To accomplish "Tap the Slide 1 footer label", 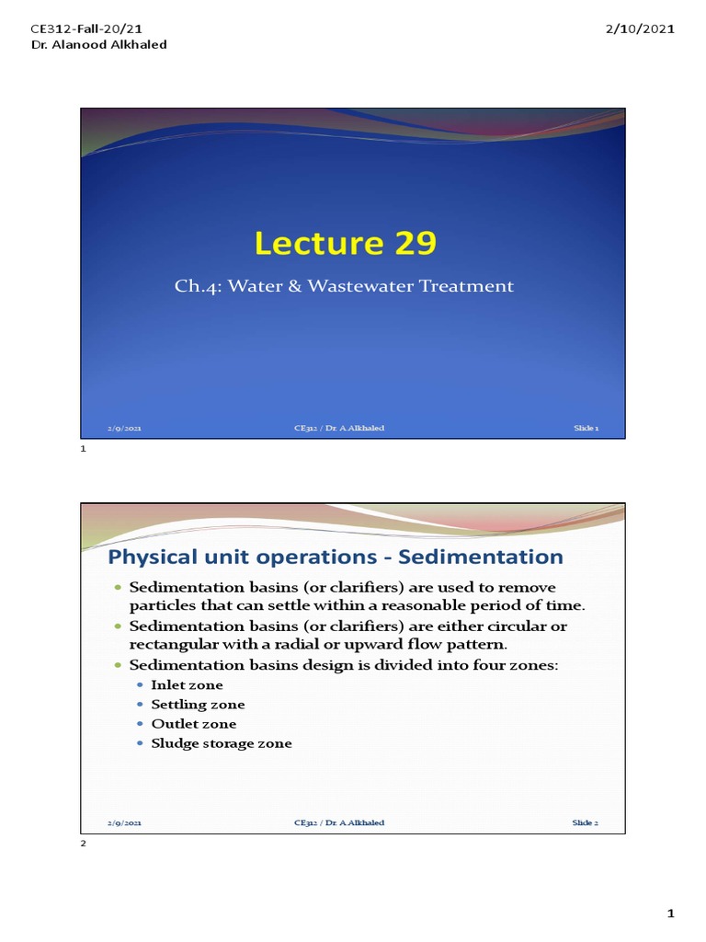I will point(586,429).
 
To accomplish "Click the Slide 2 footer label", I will point(586,822).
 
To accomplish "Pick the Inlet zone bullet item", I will point(187,685).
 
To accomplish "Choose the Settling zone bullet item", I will point(198,705).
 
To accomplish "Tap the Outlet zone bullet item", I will point(193,724).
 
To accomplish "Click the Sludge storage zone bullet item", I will point(222,743).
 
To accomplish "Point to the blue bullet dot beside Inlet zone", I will point(140,685).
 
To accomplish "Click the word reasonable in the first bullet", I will point(441,604).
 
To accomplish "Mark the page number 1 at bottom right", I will point(671,913).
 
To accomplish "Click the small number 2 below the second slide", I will point(83,844).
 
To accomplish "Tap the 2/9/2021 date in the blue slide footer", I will point(124,429).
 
